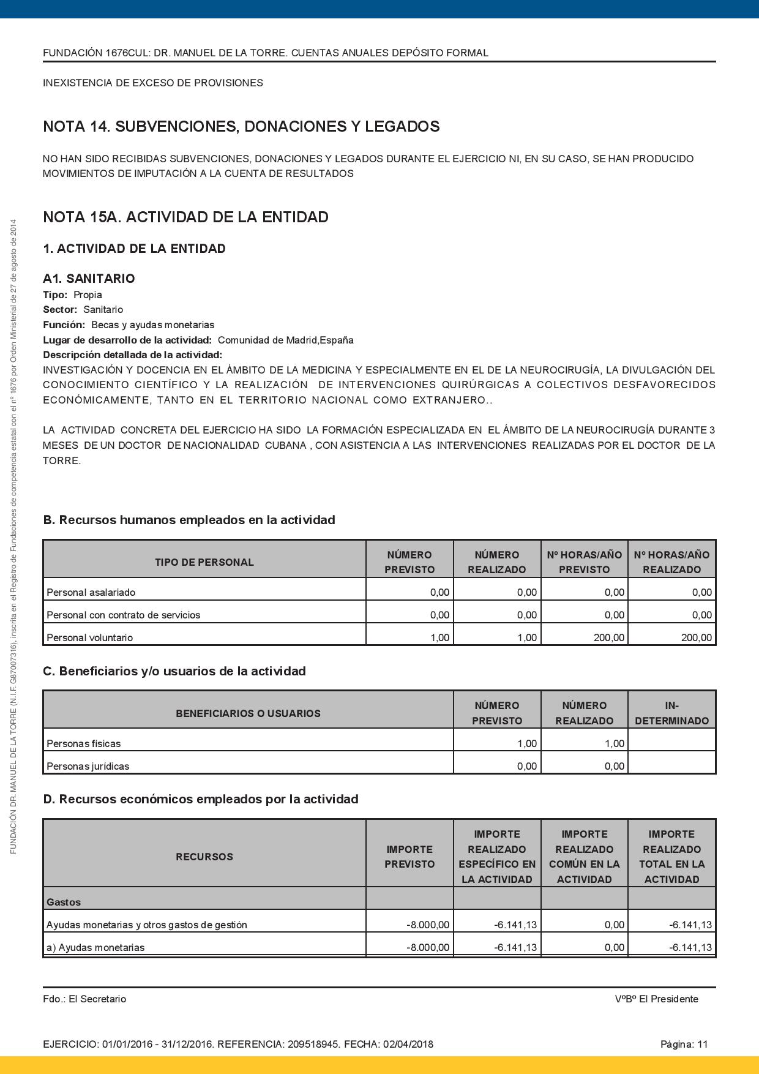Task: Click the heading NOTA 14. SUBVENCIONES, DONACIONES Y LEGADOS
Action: pos(241,127)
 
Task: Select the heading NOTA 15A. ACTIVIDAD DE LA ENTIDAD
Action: pos(185,217)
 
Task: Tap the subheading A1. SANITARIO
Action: pos(89,279)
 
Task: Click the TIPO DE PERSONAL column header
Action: pos(204,562)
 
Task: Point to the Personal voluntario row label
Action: pos(89,637)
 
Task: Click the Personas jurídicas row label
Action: pos(88,766)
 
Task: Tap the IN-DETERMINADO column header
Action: pos(671,713)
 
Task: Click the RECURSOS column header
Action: pos(204,857)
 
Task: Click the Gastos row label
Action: pos(63,902)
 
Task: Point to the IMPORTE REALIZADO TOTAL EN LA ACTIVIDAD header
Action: pos(671,857)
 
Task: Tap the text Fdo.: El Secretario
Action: pos(84,999)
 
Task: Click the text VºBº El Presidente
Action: pos(656,999)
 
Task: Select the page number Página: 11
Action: pos(684,1044)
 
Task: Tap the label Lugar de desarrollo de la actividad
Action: pos(127,340)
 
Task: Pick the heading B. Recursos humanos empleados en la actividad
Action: pos(189,520)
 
